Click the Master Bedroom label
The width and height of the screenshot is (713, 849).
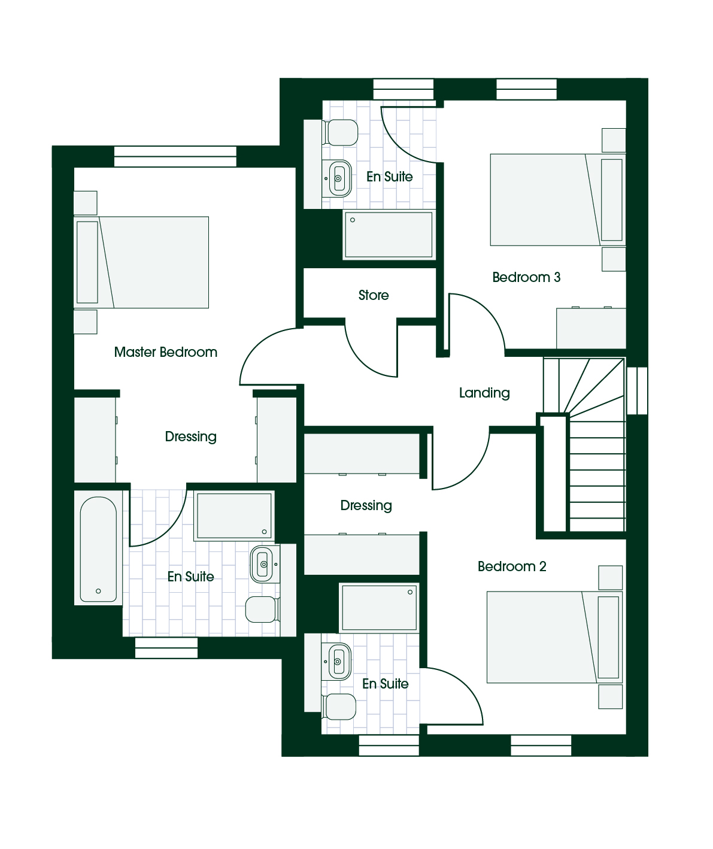point(165,352)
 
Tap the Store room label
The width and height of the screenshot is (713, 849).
point(374,295)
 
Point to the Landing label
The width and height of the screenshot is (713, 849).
point(484,393)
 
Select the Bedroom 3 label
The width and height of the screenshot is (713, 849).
point(526,277)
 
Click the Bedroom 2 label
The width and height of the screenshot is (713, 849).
point(512,566)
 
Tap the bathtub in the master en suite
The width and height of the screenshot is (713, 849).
point(98,549)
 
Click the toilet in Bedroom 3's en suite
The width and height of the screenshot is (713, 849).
point(340,132)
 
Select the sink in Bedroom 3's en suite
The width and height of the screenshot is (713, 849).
point(337,178)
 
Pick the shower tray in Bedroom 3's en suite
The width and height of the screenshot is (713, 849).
point(389,235)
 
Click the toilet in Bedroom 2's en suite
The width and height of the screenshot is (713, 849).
point(339,707)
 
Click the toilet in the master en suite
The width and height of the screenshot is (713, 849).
point(263,610)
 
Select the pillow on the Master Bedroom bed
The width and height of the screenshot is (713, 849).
point(87,262)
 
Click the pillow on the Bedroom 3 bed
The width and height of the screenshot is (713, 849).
point(611,199)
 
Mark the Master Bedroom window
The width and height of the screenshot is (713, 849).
point(175,156)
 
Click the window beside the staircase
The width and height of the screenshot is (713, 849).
point(637,391)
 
